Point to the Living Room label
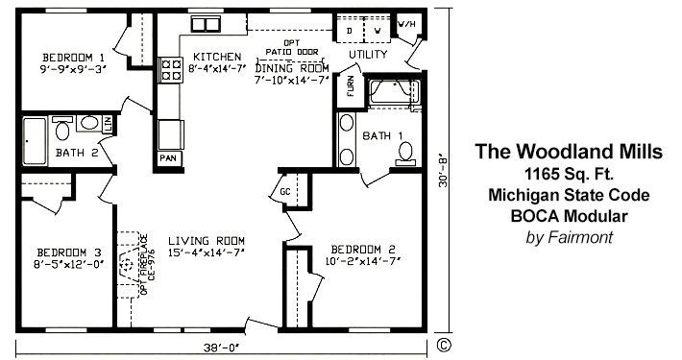[x=207, y=240]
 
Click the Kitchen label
[x=209, y=56]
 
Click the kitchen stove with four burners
[x=171, y=69]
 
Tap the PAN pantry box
[x=168, y=156]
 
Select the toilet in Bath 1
[x=406, y=152]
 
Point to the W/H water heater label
[x=406, y=25]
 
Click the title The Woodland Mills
[x=569, y=153]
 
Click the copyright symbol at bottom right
[x=443, y=343]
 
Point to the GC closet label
[x=285, y=191]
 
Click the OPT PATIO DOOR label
[x=289, y=48]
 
